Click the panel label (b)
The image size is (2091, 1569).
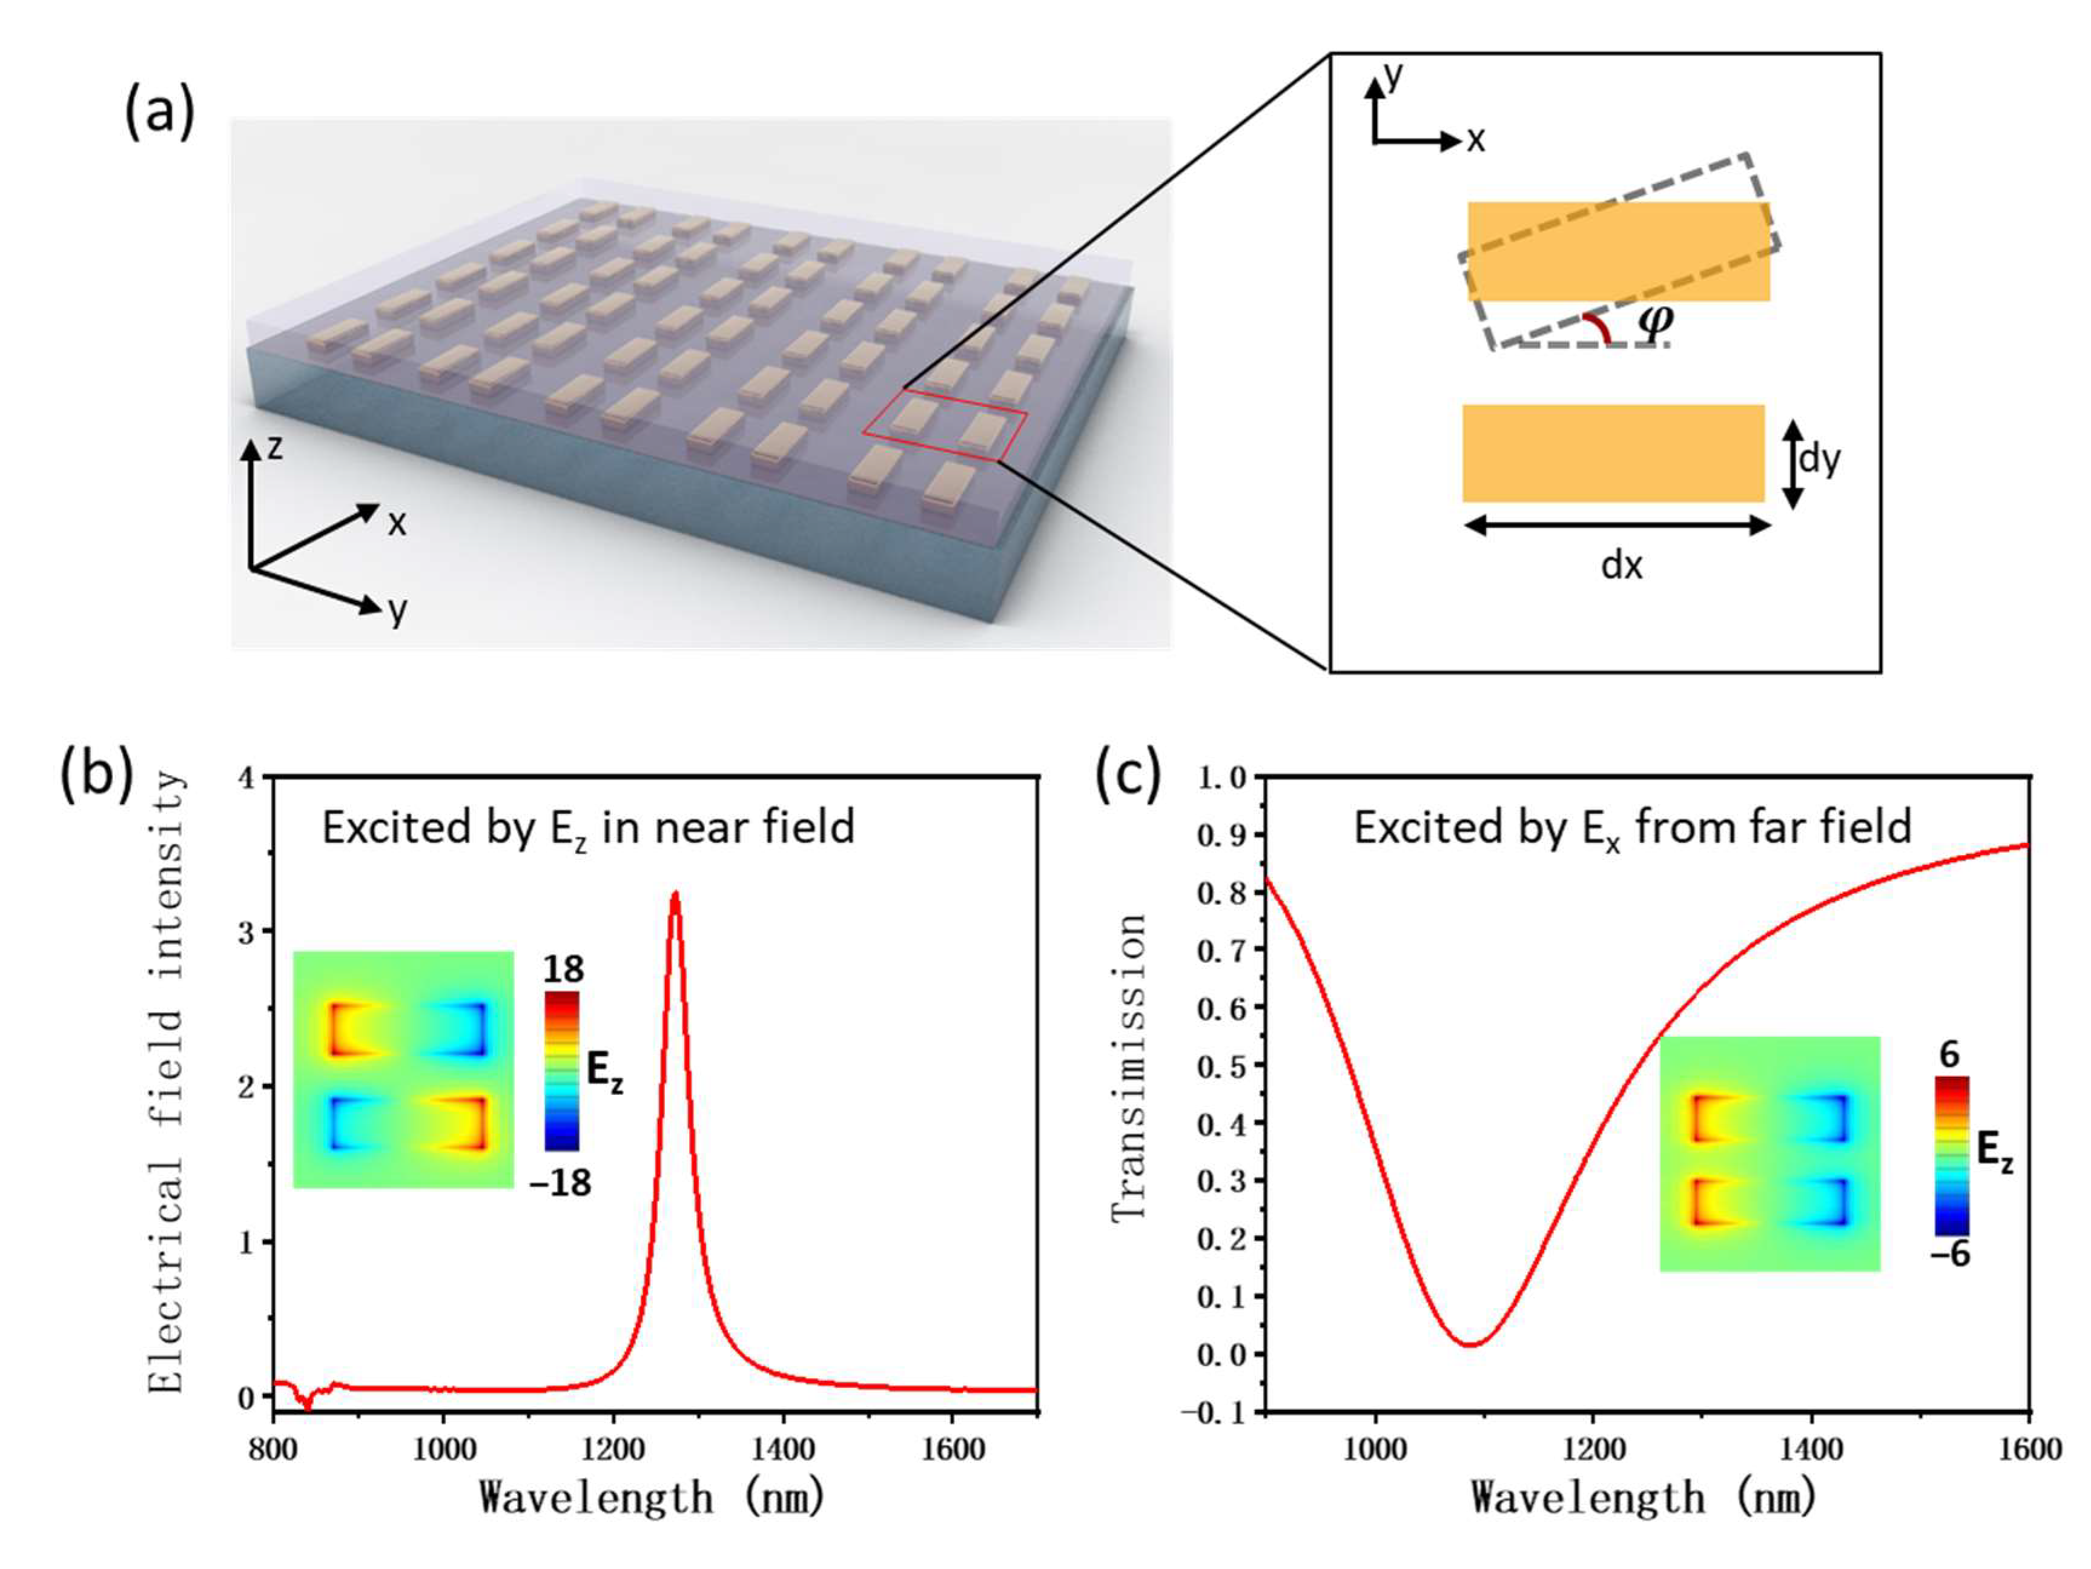point(96,773)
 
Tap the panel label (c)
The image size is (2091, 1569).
point(1127,773)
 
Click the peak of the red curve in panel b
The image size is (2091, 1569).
point(675,893)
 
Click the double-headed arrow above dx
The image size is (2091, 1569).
point(1616,526)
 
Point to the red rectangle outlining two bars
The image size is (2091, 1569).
point(944,430)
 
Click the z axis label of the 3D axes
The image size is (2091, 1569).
point(274,446)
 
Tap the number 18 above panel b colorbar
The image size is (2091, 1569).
point(563,969)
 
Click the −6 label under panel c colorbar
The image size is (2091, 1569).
point(1949,1254)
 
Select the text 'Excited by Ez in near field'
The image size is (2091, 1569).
point(588,828)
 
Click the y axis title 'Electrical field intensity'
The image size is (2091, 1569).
point(167,1082)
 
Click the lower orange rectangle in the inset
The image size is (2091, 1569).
point(1614,453)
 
